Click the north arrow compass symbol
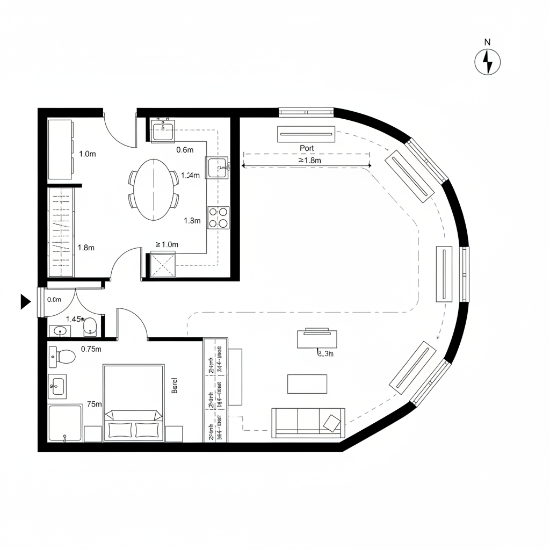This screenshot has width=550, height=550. coord(488,62)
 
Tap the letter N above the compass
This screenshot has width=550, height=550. coord(488,42)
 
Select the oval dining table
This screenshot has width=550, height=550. coord(154,189)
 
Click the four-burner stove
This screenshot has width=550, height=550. coord(219,218)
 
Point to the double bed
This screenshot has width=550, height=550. coord(134,403)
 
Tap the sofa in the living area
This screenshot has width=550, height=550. coord(308,422)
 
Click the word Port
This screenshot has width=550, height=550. coord(307,148)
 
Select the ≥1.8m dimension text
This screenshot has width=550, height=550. coord(309,160)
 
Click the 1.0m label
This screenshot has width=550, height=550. coord(87,154)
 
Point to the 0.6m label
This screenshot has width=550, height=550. coord(184,150)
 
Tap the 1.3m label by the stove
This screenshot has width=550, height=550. coord(192,220)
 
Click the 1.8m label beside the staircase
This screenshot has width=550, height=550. coord(86,248)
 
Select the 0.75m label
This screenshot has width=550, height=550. coord(91,349)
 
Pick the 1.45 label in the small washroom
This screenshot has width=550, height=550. coord(74,319)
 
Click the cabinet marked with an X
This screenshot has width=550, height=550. coord(163,265)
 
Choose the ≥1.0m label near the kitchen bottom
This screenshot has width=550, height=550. coord(167,244)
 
